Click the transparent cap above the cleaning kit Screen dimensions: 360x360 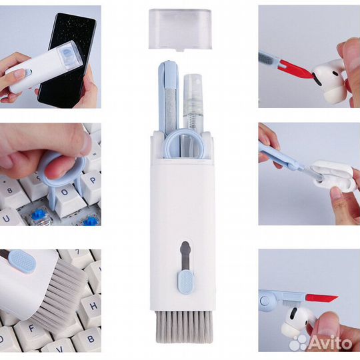180,29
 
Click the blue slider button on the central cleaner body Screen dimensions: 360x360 186,283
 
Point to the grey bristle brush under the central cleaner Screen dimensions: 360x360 184,327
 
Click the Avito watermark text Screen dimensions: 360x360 329,344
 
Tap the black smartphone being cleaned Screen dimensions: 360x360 68,60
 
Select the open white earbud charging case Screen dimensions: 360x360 332,175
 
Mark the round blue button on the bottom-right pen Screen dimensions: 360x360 265,300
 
